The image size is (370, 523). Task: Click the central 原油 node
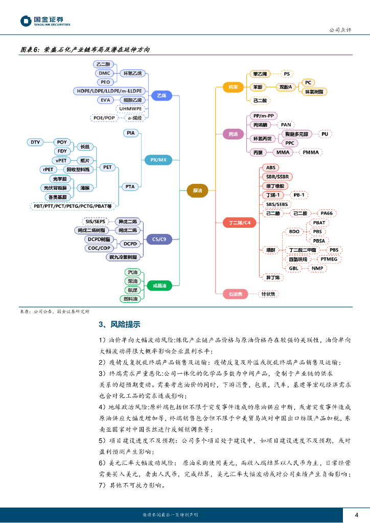point(197,191)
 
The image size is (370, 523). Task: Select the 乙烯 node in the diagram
point(161,96)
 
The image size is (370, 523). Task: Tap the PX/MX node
point(158,160)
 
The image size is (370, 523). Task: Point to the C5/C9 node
point(159,239)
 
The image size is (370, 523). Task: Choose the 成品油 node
point(159,285)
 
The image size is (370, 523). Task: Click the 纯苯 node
point(233,87)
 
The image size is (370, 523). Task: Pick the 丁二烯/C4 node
point(239,223)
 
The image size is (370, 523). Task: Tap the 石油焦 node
point(235,294)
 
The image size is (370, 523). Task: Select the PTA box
point(130,186)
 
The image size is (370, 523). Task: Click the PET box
point(107,167)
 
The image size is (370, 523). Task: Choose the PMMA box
point(310,152)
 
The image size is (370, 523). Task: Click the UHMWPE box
point(130,108)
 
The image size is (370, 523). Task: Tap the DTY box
point(35,142)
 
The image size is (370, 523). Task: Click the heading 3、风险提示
point(120,324)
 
